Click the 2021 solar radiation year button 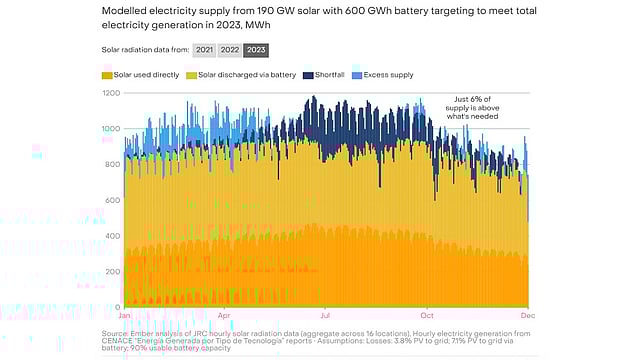point(204,49)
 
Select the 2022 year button point(230,49)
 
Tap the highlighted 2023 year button point(257,49)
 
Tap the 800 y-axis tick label point(112,164)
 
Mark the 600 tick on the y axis point(112,200)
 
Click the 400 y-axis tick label point(112,236)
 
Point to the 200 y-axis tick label point(112,271)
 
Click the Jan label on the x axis point(125,315)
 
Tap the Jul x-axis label point(324,315)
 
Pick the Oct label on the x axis point(427,315)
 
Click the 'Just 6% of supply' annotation point(477,108)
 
